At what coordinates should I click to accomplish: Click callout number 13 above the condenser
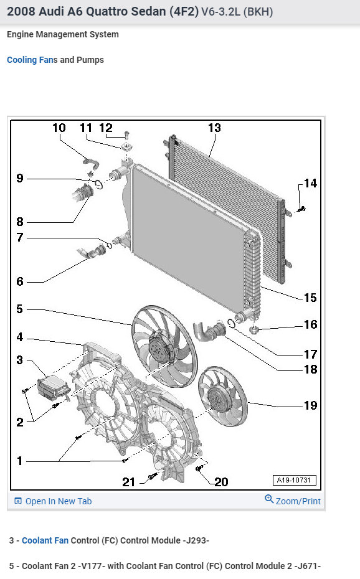[x=214, y=128]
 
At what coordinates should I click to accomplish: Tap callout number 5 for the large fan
[x=19, y=309]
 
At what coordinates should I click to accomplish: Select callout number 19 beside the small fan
[x=310, y=405]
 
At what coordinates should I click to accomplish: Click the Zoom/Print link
[x=293, y=501]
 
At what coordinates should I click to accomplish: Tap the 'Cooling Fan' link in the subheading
[x=29, y=60]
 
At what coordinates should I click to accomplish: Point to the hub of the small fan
[x=221, y=397]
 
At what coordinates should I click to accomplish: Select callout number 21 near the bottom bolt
[x=129, y=481]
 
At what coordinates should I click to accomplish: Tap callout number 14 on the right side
[x=310, y=183]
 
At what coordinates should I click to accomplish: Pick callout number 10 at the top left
[x=59, y=128]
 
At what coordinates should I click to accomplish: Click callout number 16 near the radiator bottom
[x=310, y=324]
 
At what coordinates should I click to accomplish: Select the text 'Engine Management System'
[x=62, y=34]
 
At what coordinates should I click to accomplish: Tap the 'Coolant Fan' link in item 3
[x=45, y=540]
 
